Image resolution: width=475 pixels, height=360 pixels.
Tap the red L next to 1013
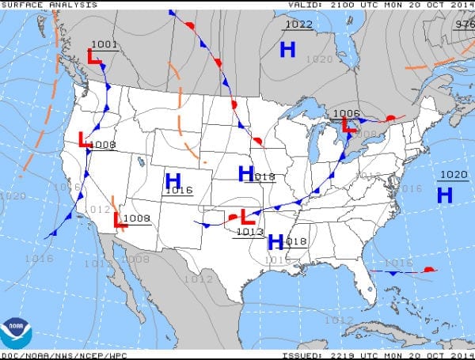pyautogui.click(x=246, y=214)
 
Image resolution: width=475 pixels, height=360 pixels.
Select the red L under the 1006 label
pyautogui.click(x=348, y=125)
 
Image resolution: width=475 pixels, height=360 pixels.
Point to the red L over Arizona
pyautogui.click(x=120, y=221)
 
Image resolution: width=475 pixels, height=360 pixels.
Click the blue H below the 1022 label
pyautogui.click(x=287, y=50)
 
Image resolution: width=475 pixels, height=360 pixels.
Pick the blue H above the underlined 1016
pyautogui.click(x=173, y=181)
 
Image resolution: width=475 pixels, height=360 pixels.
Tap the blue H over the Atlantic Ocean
pyautogui.click(x=445, y=194)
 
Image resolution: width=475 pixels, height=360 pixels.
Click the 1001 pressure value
pyautogui.click(x=104, y=44)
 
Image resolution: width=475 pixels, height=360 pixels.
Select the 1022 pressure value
pyautogui.click(x=298, y=25)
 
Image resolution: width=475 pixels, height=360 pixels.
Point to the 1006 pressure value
pyautogui.click(x=346, y=114)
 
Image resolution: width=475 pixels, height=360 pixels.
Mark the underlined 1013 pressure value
pyautogui.click(x=249, y=232)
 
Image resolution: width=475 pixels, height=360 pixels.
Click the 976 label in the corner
pyautogui.click(x=464, y=25)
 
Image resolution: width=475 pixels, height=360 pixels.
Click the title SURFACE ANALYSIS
pyautogui.click(x=49, y=5)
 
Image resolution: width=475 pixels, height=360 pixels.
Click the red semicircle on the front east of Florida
pyautogui.click(x=428, y=270)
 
